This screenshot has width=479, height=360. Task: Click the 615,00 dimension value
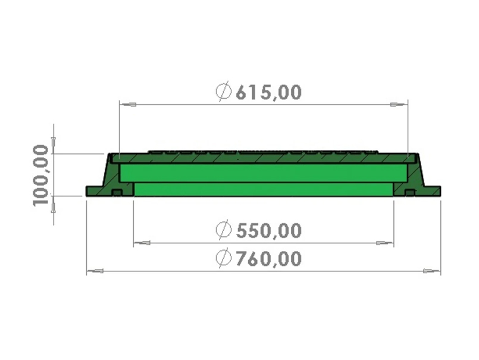tap(269, 92)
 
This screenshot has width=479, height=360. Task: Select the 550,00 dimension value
tap(269, 231)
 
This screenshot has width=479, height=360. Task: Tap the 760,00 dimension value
tap(269, 258)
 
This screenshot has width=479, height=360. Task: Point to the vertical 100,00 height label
tap(40, 176)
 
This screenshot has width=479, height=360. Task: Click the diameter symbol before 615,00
tap(224, 91)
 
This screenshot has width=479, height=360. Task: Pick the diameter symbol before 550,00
tap(224, 230)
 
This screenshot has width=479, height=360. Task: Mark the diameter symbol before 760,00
tap(224, 258)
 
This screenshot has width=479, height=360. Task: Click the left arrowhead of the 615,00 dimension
tap(128, 105)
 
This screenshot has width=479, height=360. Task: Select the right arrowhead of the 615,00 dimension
tap(399, 105)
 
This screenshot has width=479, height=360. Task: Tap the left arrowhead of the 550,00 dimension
tap(142, 243)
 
